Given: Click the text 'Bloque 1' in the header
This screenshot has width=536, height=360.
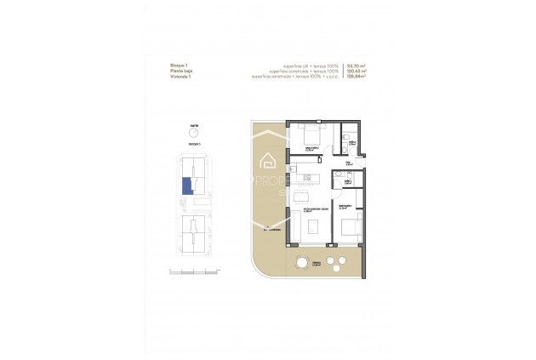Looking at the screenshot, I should point(178,64).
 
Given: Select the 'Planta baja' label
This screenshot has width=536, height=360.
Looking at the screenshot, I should point(180,70).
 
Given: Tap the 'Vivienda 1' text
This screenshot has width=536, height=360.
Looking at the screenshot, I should point(180,76).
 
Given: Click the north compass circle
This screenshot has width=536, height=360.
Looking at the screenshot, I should point(194,133).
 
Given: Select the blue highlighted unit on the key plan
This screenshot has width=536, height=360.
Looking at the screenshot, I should point(186,186).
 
